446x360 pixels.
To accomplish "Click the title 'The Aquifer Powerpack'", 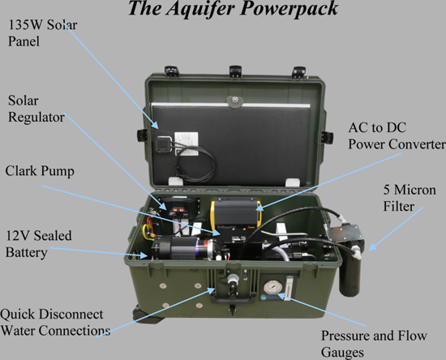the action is (233, 8).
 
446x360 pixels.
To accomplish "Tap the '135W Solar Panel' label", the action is (42, 33).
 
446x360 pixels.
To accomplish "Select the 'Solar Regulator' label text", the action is (36, 109).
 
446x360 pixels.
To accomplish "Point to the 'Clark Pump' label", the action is (40, 171).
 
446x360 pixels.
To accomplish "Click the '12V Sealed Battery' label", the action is (39, 244).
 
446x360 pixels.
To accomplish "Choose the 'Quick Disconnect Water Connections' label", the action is (55, 322).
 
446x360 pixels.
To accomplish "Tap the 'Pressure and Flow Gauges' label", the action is (374, 344).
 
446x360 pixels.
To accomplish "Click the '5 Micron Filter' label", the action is (410, 198).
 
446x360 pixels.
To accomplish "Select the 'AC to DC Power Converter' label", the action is (397, 136).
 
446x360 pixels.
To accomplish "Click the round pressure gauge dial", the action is (272, 287).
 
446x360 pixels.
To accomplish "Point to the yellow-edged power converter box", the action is (235, 213).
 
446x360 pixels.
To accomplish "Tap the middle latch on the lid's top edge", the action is (235, 71).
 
